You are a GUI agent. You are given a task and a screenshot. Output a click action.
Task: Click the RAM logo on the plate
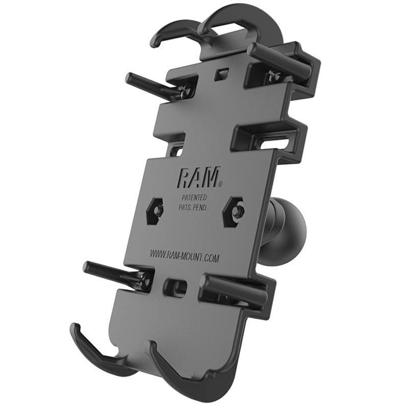(x=198, y=176)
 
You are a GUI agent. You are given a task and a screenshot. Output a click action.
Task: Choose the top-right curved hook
(x=224, y=20)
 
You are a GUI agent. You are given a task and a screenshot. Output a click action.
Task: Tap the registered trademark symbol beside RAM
(x=220, y=183)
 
